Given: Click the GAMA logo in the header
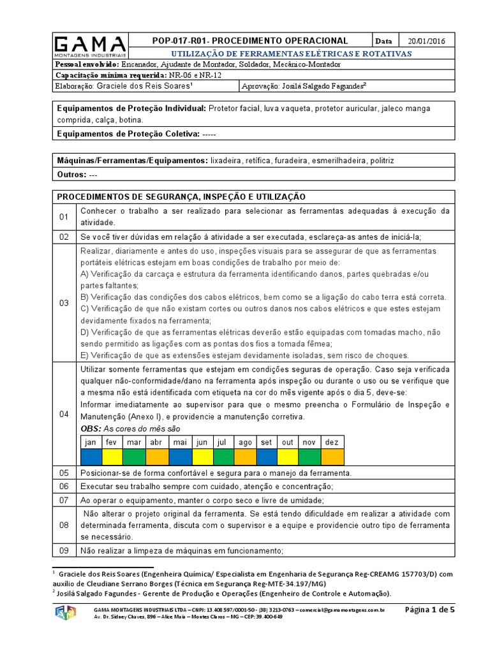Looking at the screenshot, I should tap(89, 47).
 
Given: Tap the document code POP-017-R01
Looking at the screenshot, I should tap(184, 40).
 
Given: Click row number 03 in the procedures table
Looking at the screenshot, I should tap(64, 304).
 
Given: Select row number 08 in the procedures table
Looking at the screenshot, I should tap(64, 525).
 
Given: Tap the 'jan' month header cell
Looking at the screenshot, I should tap(91, 442).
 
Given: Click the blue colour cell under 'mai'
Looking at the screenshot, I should tap(179, 457).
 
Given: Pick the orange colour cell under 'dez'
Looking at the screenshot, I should tap(332, 457).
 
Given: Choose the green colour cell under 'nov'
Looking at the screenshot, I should tap(310, 457).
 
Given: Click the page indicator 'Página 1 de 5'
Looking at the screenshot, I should tap(430, 610).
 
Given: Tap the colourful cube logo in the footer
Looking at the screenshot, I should tap(66, 613).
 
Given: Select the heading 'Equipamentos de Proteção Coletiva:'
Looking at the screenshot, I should tap(128, 134).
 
